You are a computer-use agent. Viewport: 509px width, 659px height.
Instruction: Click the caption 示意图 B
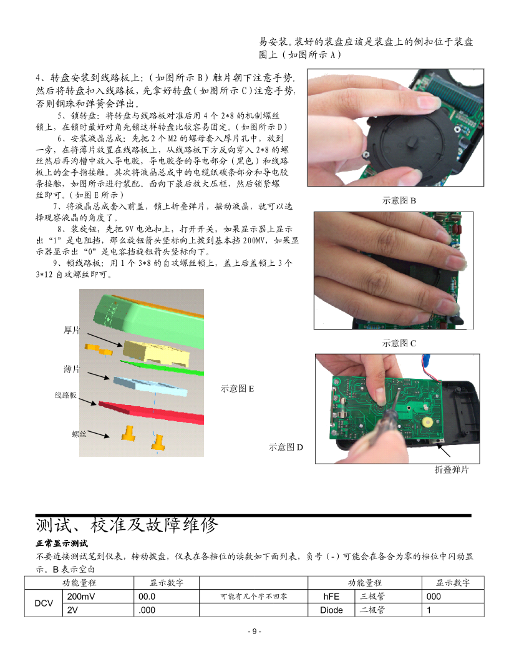(399, 200)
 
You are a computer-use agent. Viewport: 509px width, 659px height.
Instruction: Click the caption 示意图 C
(399, 343)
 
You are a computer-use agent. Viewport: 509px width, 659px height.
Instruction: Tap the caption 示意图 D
(286, 447)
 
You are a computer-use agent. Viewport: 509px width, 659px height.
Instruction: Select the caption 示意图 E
(237, 389)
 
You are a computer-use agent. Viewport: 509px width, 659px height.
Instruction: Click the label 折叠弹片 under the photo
(452, 470)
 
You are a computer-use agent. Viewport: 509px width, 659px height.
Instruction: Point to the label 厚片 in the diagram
(71, 330)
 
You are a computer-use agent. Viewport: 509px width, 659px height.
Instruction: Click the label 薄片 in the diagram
(71, 369)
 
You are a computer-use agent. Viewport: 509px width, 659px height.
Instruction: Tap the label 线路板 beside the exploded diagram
(65, 395)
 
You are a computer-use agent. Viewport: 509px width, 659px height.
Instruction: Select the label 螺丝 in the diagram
(79, 434)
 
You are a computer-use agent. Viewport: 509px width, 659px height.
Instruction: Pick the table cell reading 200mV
(81, 597)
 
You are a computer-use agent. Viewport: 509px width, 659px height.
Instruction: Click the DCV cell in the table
(44, 603)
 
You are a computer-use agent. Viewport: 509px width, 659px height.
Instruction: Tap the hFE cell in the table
(331, 597)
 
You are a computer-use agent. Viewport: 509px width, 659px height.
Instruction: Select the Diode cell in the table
(331, 610)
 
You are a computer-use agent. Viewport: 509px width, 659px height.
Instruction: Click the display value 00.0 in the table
(147, 597)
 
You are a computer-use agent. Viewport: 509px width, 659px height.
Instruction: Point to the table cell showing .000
(147, 610)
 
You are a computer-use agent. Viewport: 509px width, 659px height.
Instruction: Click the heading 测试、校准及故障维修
(127, 525)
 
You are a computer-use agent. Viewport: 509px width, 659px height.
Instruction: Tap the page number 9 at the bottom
(254, 632)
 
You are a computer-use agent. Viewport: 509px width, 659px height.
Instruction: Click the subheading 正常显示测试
(62, 544)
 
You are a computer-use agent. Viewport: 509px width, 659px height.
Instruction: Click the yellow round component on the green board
(427, 422)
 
